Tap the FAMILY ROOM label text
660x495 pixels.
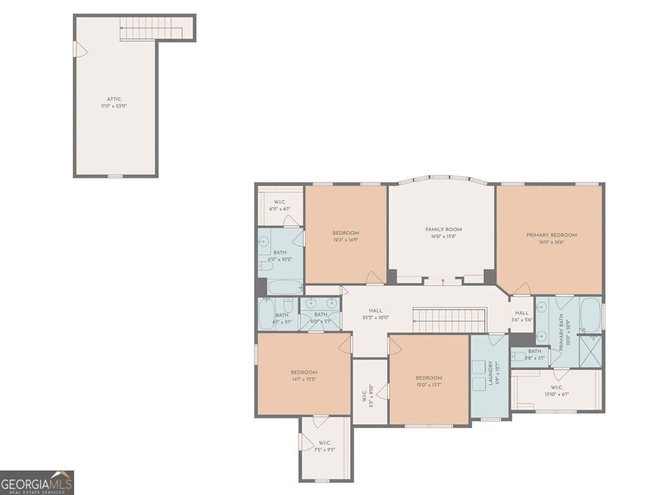pos(443,229)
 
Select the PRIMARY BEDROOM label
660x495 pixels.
pos(551,235)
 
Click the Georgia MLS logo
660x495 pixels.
pos(37,482)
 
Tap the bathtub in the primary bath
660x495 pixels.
pos(590,315)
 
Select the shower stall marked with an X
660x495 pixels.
pos(590,351)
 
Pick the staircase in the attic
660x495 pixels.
pos(148,28)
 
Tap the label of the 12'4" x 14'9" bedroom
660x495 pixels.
pos(345,233)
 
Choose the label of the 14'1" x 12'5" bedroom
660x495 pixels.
pos(304,373)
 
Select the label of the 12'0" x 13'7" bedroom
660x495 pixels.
pos(429,378)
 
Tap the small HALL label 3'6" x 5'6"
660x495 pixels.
pos(521,313)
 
